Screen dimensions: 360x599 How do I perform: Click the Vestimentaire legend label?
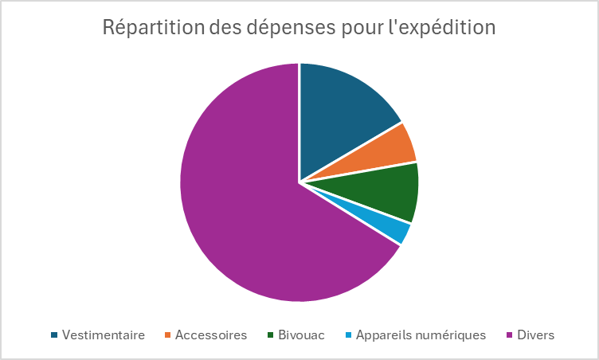tap(103, 335)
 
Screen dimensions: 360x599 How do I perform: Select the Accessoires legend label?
tap(211, 335)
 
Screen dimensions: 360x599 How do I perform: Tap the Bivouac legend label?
tap(301, 335)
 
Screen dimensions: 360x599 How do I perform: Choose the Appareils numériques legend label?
tap(420, 335)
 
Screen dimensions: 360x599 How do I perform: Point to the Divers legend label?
tap(535, 335)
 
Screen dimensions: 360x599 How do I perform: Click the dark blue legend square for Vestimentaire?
tap(54, 335)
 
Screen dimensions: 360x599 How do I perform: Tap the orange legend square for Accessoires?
tap(168, 335)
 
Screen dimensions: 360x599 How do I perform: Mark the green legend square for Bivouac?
tap(271, 335)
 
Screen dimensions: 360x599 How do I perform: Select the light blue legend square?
tap(348, 335)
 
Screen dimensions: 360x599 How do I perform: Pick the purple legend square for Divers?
tap(509, 335)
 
